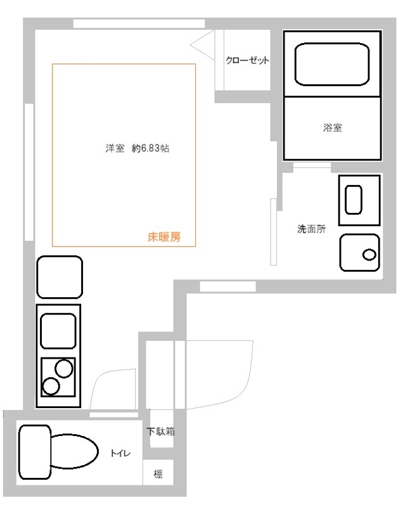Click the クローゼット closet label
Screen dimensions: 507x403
coord(248,61)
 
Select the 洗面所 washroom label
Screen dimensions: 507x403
coord(311,229)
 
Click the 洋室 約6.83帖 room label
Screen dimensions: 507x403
coord(137,150)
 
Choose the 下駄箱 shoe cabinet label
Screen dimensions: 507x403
coord(161,432)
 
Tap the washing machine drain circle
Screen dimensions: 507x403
coord(369,255)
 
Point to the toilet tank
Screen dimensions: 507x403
coord(34,452)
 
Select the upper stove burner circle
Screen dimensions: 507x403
coord(63,368)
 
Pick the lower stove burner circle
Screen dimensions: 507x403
coord(51,385)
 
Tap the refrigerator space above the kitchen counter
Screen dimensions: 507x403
coord(60,276)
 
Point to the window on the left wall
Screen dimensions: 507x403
coord(29,171)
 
